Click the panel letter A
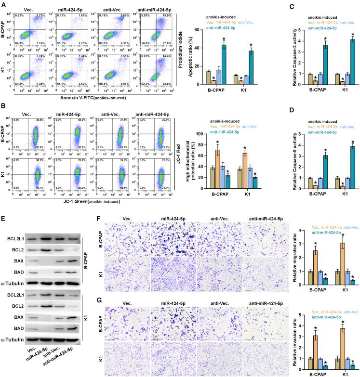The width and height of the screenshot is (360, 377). (x=3, y=4)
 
